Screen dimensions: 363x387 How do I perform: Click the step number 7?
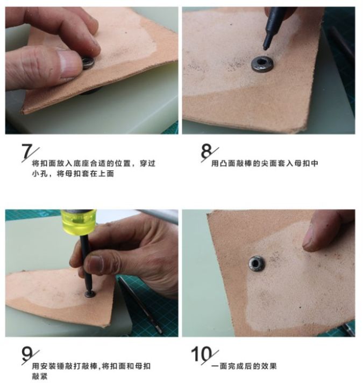tap(27, 151)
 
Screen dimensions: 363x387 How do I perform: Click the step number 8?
tap(207, 151)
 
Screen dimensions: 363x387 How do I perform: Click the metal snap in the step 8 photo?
tap(262, 64)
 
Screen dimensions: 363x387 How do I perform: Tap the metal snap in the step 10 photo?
tap(257, 263)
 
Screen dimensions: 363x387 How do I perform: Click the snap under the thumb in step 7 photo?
tap(88, 63)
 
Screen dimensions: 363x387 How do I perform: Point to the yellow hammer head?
tap(79, 221)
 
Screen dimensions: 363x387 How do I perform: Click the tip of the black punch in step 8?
tap(265, 48)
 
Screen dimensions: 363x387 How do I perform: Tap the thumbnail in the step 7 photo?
tap(69, 63)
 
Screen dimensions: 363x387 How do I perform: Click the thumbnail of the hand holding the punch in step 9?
tap(96, 263)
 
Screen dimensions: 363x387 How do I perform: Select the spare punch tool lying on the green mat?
tap(140, 305)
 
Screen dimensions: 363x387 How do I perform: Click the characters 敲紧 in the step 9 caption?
tap(40, 376)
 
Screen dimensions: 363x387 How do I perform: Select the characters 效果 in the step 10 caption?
tap(269, 366)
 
